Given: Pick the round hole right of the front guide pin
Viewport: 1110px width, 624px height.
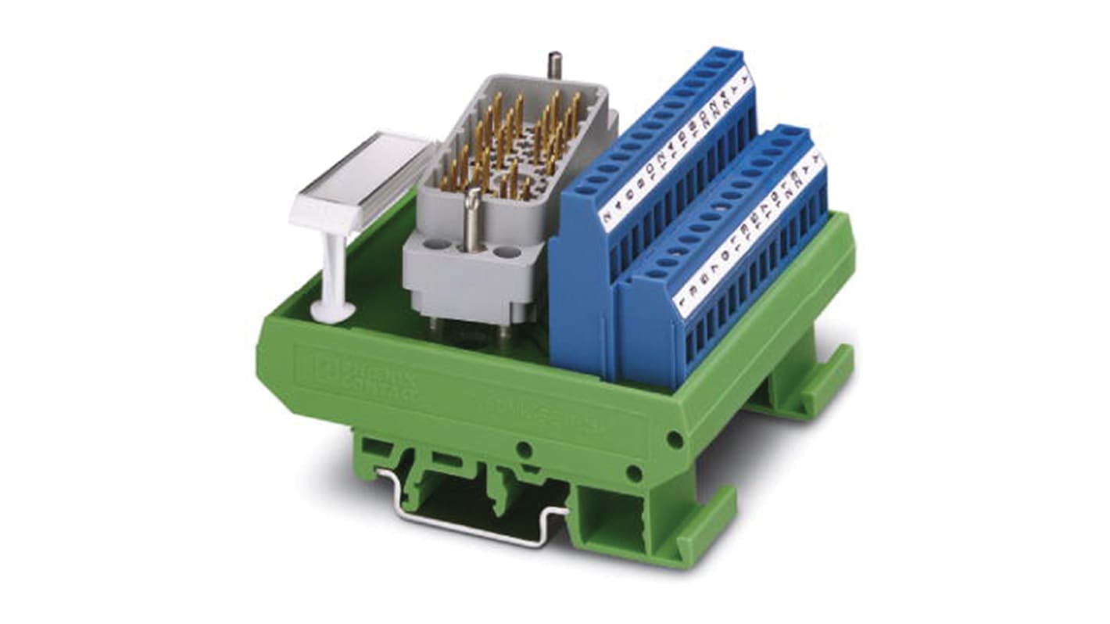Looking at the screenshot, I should coord(508,252).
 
